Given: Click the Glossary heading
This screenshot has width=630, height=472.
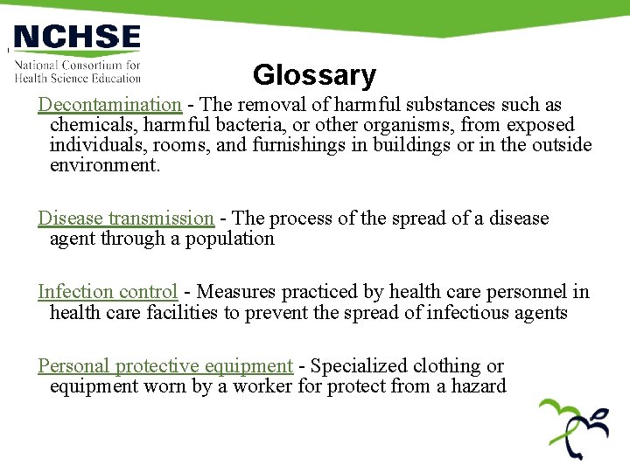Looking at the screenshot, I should (x=314, y=76).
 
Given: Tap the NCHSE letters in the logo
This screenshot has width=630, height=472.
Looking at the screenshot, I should (x=77, y=38).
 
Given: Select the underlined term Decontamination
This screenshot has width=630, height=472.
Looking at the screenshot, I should (x=109, y=105).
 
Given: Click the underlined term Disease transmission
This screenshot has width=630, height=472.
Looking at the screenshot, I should (x=125, y=219).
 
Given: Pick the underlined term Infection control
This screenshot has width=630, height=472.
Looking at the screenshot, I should (x=108, y=292).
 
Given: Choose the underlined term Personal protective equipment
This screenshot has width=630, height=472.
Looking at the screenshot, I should (x=164, y=366).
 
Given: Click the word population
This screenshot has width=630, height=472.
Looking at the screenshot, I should (x=228, y=239).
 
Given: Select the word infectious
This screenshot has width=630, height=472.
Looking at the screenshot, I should (x=459, y=312).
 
